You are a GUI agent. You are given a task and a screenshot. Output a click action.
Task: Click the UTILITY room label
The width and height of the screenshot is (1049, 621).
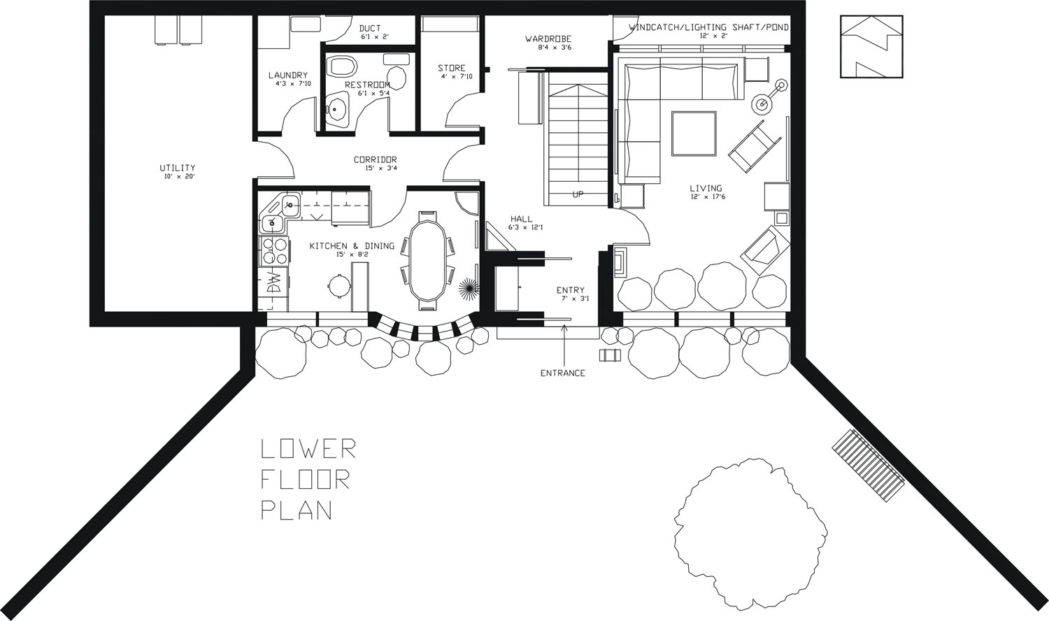tap(177, 168)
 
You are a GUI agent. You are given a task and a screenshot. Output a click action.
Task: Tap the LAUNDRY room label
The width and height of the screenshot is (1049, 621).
tap(287, 76)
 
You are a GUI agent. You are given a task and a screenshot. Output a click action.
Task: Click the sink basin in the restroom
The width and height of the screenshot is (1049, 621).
tap(338, 109)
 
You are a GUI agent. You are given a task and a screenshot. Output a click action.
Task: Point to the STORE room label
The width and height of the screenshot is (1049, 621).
tap(451, 69)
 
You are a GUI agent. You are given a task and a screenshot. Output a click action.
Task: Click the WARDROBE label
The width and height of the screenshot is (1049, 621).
tap(548, 39)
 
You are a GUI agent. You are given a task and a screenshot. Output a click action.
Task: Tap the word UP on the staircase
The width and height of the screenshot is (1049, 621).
tap(578, 194)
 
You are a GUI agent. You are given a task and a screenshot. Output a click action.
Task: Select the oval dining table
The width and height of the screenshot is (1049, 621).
tap(427, 259)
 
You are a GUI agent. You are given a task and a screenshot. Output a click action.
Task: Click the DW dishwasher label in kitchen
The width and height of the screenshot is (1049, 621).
tap(275, 283)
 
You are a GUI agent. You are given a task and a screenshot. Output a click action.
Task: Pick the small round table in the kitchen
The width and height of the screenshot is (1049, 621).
tap(338, 285)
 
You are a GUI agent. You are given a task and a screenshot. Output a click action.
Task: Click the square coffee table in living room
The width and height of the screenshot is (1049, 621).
tap(694, 134)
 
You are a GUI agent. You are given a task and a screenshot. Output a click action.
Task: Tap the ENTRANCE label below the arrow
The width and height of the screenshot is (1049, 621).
tap(562, 373)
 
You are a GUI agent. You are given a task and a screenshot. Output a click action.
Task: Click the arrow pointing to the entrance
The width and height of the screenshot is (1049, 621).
tap(564, 343)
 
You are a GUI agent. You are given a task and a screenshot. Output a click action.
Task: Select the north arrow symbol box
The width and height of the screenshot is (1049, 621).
tap(871, 47)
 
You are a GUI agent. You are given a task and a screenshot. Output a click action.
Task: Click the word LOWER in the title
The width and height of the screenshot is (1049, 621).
tap(308, 449)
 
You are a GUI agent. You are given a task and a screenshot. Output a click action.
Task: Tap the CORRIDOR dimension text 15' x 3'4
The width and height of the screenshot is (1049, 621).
tap(376, 168)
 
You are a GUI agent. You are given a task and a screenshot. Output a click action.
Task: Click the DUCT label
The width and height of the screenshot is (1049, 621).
tap(370, 29)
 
